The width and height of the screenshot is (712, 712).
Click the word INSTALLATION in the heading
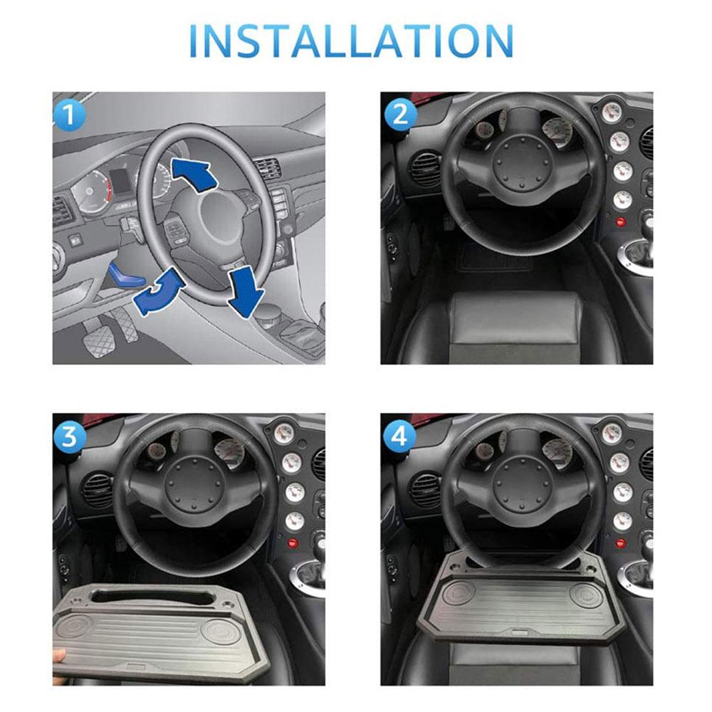click(x=353, y=41)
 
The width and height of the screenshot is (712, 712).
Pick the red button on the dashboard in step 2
click(x=620, y=222)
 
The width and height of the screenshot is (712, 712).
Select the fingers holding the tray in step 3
click(x=59, y=654)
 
